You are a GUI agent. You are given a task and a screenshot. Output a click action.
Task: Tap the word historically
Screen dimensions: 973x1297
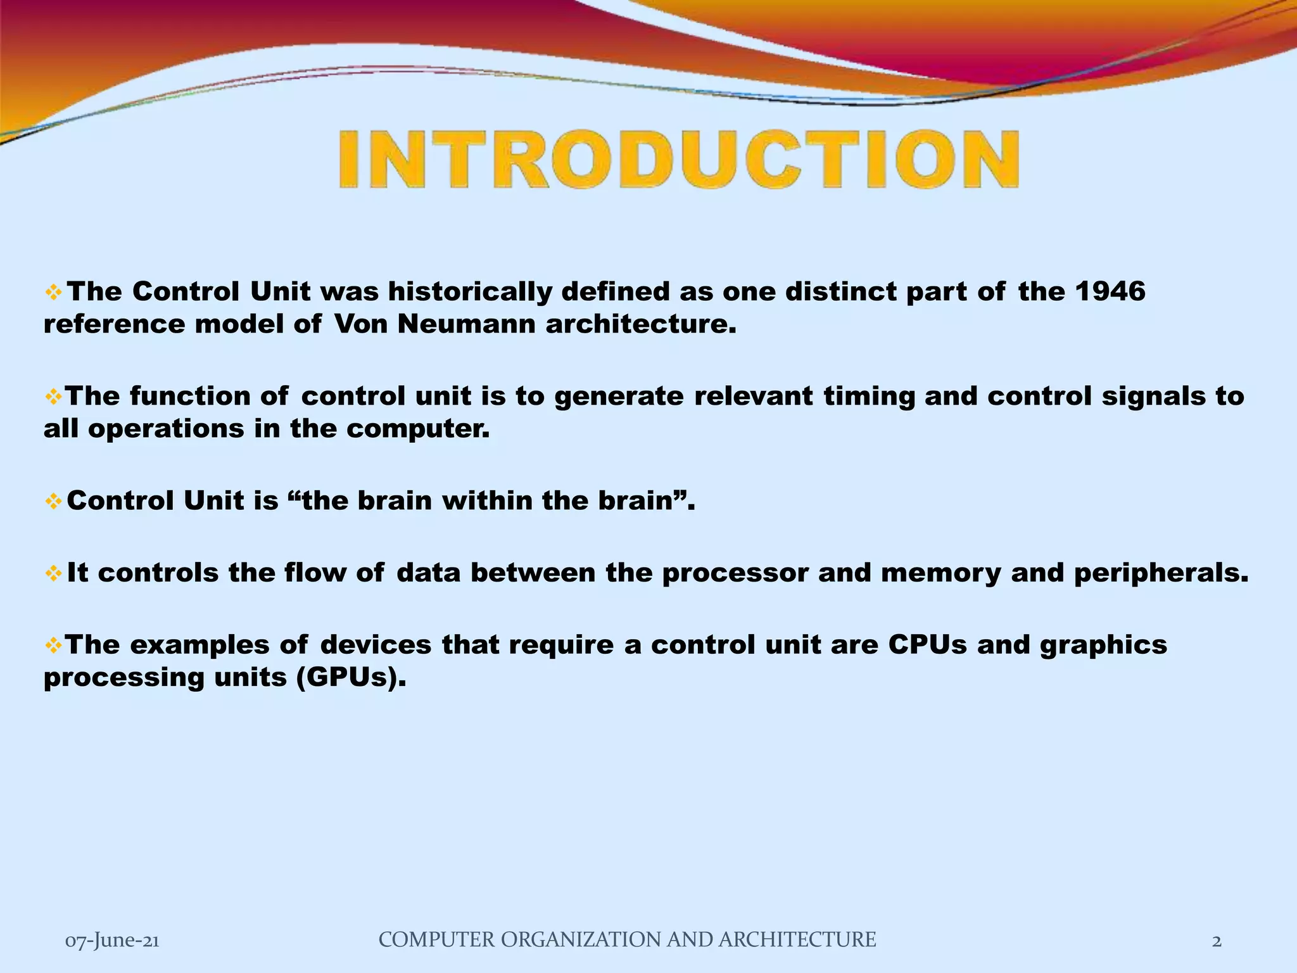471,292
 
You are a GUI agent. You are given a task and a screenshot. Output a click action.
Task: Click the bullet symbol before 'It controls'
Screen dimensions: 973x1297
53,573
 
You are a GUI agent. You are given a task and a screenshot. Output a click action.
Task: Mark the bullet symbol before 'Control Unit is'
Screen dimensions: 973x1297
53,502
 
